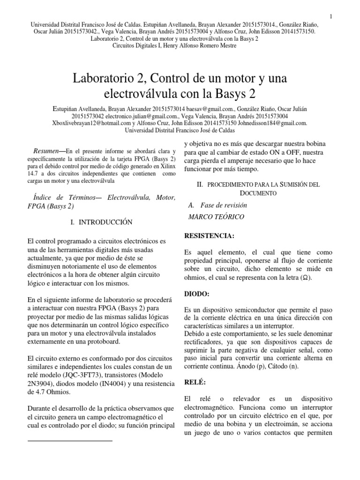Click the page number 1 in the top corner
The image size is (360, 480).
[x=331, y=17]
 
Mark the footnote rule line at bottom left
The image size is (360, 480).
[x=70, y=441]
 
